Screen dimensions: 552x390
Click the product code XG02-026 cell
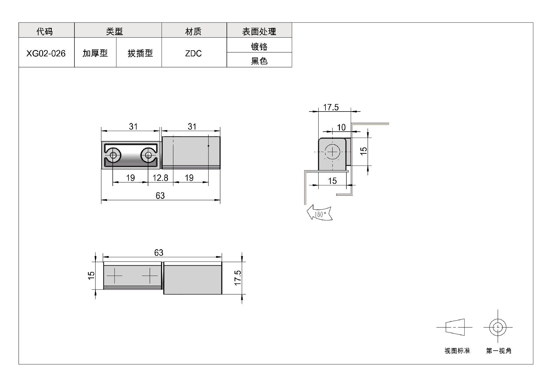click(46, 53)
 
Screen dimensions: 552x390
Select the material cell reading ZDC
click(194, 53)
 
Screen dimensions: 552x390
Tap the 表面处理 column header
click(259, 31)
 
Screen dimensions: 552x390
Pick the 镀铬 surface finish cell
click(259, 45)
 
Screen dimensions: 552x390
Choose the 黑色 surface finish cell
click(259, 60)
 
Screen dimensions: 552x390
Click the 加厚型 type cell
click(95, 53)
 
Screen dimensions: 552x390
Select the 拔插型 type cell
click(139, 53)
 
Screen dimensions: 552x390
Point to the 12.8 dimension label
click(160, 178)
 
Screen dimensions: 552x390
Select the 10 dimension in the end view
click(341, 127)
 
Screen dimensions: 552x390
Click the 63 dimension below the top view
click(160, 195)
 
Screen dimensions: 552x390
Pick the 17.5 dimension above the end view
click(331, 107)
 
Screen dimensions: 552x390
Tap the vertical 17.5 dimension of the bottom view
click(238, 278)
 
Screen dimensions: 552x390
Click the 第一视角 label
click(499, 351)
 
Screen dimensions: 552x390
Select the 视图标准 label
click(457, 351)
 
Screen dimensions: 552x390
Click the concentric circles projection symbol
click(498, 327)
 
